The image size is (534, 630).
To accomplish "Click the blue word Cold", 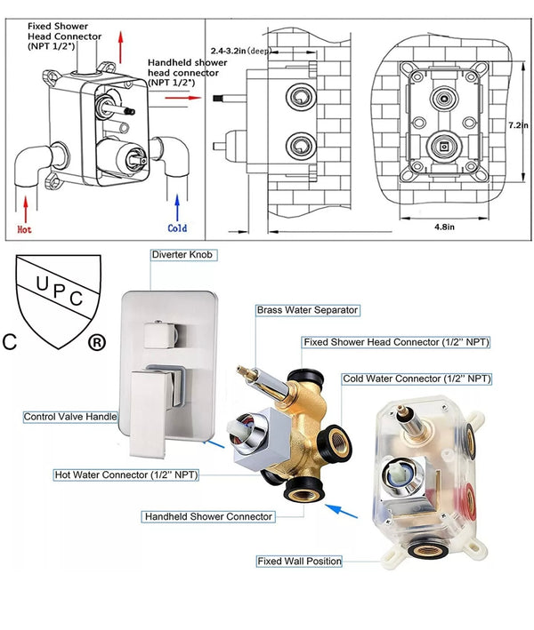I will coord(178,228).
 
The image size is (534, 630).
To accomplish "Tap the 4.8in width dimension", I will coord(444,226).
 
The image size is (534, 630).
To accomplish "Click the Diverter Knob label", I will coord(183,255).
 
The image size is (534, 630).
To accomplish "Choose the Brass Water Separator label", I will coord(307,310).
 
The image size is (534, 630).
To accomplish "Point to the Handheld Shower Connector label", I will coord(208,516).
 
